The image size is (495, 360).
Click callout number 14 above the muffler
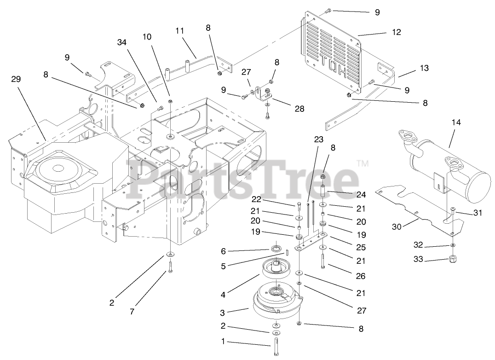(456, 123)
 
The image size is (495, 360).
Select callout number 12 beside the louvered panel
(397, 32)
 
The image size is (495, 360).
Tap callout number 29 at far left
(16, 79)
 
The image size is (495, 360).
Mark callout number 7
(132, 312)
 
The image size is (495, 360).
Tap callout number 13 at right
(424, 68)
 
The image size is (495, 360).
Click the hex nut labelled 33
(453, 259)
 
